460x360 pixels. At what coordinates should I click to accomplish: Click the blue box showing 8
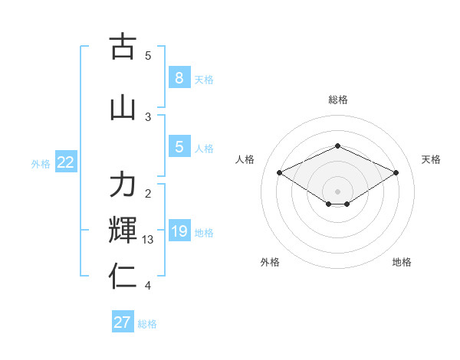[179, 77]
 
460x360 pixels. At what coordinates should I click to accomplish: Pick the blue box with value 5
[179, 147]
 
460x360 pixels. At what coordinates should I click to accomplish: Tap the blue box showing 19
[179, 231]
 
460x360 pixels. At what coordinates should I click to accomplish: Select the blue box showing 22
[66, 162]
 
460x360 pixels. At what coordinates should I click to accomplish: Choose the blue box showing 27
[123, 322]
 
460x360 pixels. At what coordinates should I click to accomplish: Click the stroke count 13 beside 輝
[148, 240]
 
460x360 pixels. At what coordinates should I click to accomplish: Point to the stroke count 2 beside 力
[148, 193]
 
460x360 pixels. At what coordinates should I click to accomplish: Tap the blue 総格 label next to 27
[147, 324]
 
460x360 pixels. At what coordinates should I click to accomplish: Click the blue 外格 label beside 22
[40, 163]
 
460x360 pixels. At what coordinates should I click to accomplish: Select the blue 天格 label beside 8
[204, 79]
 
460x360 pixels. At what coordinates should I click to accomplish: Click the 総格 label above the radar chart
[337, 100]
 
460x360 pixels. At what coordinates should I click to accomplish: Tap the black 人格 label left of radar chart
[245, 159]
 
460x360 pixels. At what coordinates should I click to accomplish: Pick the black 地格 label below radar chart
[402, 262]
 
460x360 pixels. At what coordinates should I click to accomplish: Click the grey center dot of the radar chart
[337, 190]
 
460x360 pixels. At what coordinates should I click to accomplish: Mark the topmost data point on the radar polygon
[337, 146]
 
